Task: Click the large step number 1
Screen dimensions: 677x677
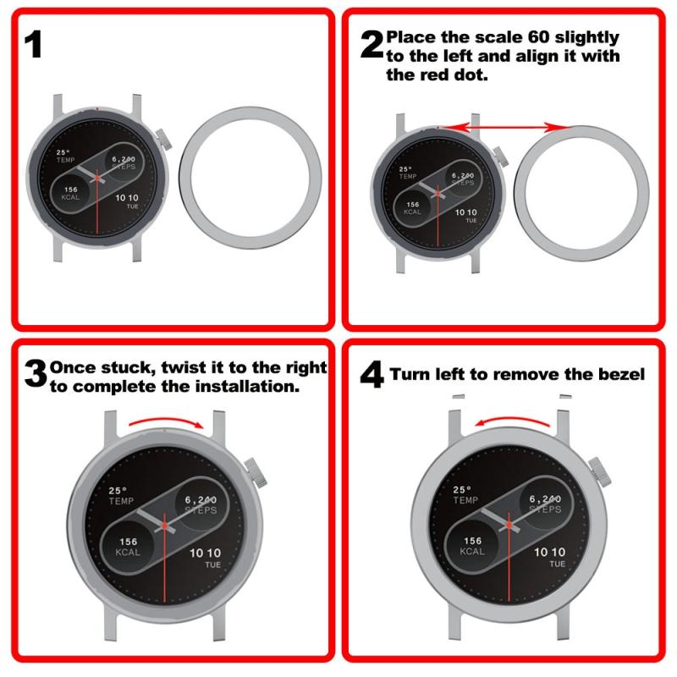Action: click(x=33, y=44)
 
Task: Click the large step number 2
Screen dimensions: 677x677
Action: click(x=372, y=45)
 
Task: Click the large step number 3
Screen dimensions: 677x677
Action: click(x=36, y=374)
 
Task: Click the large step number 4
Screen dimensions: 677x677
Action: click(x=372, y=374)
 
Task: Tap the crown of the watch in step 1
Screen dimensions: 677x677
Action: click(x=163, y=139)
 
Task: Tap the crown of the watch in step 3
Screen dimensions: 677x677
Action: click(x=256, y=473)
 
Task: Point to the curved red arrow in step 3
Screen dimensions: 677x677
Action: click(x=166, y=420)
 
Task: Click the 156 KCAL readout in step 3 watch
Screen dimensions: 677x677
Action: click(x=129, y=547)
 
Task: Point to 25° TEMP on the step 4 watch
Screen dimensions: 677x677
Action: click(x=465, y=495)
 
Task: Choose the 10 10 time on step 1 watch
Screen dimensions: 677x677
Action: click(x=126, y=198)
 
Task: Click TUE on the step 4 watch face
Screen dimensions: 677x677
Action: click(x=557, y=564)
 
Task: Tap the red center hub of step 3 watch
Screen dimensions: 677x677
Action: click(x=164, y=525)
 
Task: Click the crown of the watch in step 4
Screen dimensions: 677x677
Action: click(x=600, y=472)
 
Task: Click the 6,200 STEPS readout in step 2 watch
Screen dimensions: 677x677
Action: click(x=463, y=179)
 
